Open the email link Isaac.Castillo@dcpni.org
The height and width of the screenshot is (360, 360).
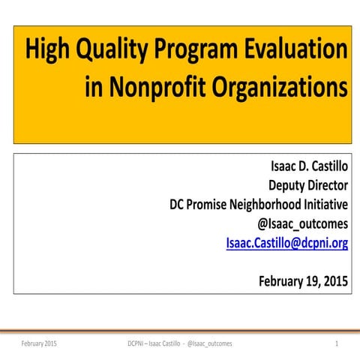[x=286, y=242]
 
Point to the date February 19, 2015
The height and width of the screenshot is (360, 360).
[x=303, y=282]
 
